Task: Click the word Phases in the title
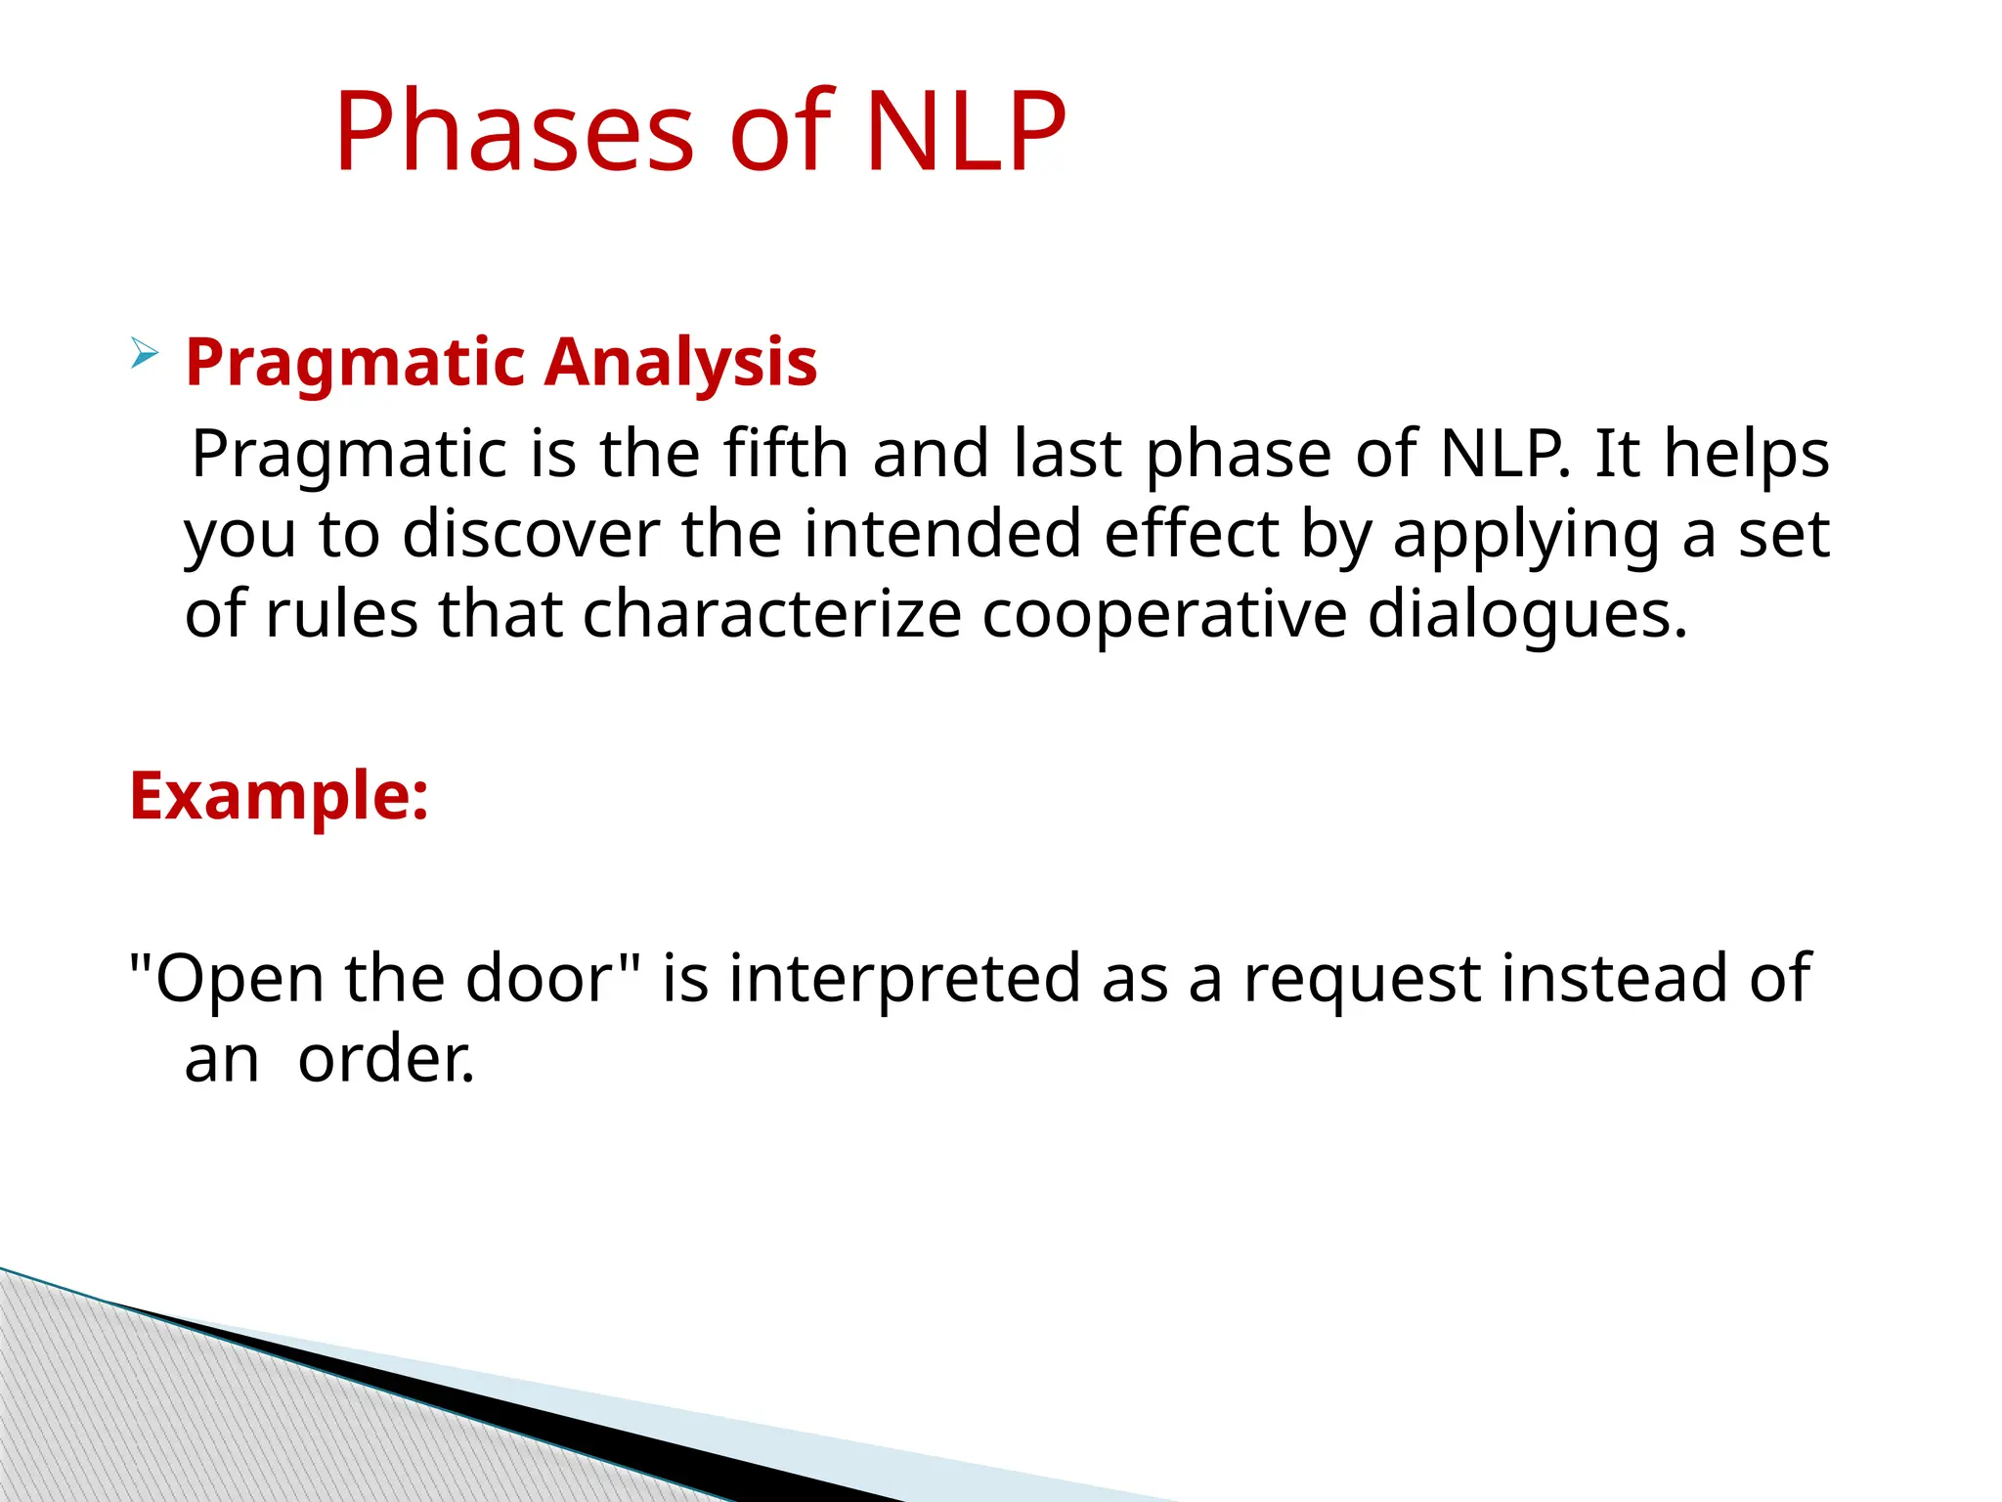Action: [x=514, y=132]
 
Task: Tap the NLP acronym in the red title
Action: [x=965, y=132]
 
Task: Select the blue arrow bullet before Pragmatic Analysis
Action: [x=144, y=353]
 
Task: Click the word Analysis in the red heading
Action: [x=680, y=363]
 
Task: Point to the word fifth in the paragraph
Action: [x=785, y=454]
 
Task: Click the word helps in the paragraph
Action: [x=1746, y=454]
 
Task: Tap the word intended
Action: [x=941, y=535]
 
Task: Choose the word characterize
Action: [x=771, y=615]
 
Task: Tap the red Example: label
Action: [x=279, y=796]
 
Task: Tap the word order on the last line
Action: [x=385, y=1060]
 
